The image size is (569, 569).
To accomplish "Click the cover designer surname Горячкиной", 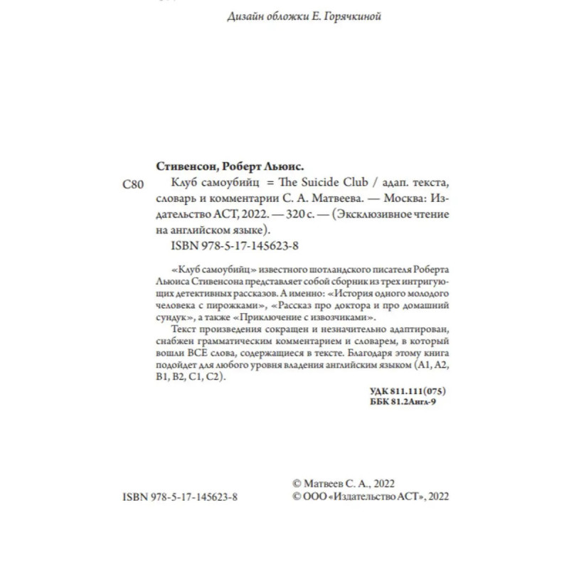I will [351, 17].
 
